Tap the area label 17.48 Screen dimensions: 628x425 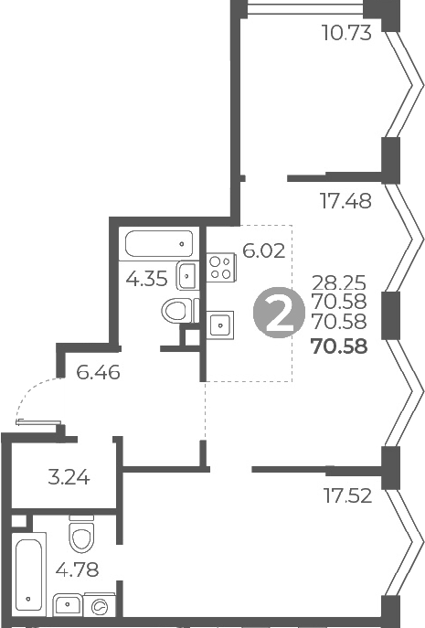pos(346,201)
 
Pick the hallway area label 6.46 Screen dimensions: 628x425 pos(100,372)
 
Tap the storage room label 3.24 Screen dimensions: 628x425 pos(68,476)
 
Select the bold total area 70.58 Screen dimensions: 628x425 pos(339,346)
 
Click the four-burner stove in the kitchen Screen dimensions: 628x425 pos(219,267)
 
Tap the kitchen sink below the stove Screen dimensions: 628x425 pos(219,324)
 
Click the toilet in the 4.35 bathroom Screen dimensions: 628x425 pos(179,311)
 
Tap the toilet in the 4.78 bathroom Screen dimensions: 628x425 pos(82,534)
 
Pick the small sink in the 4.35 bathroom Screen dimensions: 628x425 pos(187,272)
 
